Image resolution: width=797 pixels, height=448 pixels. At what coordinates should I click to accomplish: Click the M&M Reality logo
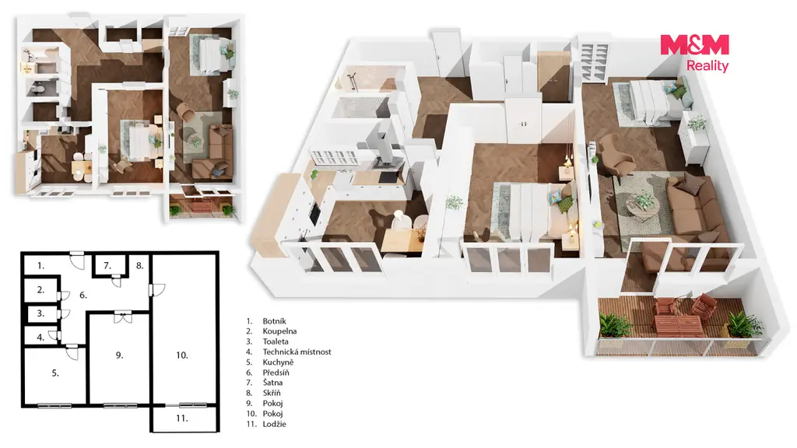coord(694,52)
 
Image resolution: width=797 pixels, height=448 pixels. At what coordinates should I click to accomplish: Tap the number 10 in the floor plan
coord(182,355)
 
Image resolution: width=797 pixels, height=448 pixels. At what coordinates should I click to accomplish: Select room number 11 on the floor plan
coord(182,418)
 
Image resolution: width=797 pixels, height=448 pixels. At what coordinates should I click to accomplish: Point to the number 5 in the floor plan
coord(55,373)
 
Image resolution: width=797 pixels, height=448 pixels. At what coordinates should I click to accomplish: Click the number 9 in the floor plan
coord(119,355)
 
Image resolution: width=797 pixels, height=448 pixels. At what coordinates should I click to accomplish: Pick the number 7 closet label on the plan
coord(107,266)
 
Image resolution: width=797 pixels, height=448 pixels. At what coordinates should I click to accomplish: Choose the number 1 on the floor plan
coord(41,266)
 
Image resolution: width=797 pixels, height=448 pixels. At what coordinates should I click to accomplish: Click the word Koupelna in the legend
coord(279,331)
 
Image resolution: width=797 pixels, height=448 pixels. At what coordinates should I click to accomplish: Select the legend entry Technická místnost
coord(297,352)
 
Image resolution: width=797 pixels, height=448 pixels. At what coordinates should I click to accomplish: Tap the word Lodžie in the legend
coord(275,424)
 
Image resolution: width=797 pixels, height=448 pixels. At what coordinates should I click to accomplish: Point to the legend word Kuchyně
coord(278,362)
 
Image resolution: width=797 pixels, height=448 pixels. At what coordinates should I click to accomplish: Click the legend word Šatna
coord(272,383)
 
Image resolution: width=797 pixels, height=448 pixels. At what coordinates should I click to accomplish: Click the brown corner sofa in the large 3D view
coord(691,208)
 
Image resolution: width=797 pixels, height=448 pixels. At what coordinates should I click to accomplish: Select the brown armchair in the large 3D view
coord(616,155)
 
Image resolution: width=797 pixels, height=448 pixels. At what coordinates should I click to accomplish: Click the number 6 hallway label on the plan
coord(83,295)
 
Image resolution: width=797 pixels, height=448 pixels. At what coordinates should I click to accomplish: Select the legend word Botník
coord(275,321)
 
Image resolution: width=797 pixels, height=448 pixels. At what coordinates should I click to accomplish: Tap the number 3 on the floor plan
coord(41,313)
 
